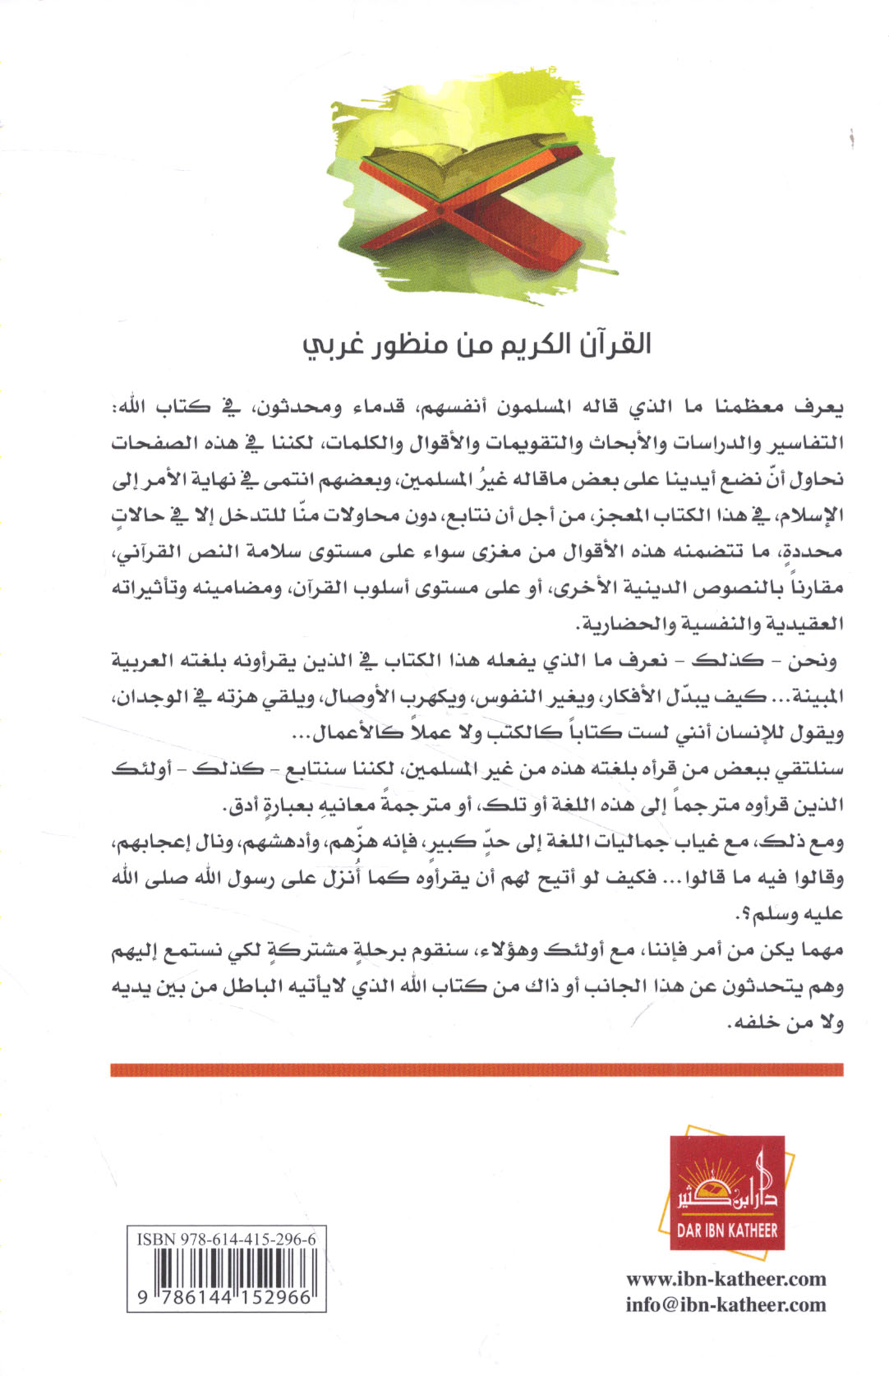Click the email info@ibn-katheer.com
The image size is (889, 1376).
725,1304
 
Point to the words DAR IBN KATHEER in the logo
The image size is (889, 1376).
726,1230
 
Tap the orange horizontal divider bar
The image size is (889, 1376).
477,1069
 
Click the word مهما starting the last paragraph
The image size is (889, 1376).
820,951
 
